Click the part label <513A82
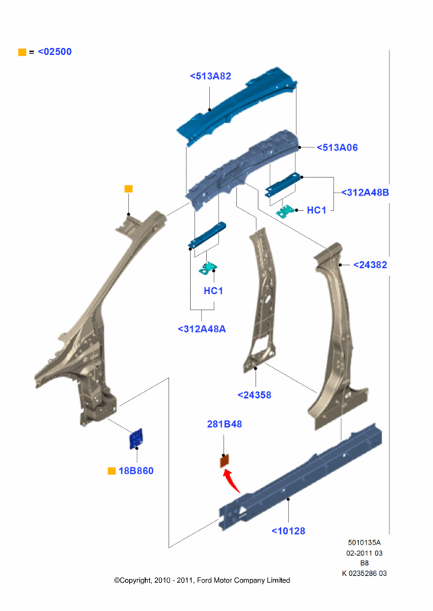211,76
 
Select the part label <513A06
337,147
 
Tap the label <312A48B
365,192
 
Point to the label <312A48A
202,329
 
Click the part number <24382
370,265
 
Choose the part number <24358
254,395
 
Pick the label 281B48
225,424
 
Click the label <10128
289,531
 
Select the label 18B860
136,471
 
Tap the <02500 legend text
55,52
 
